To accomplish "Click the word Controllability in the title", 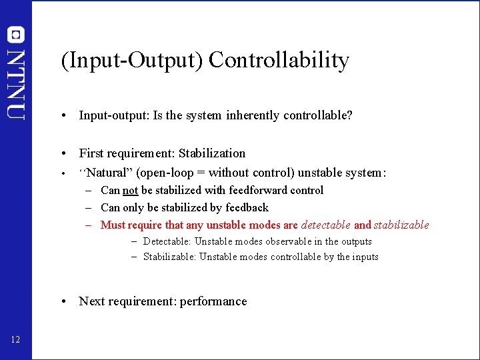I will click(279, 61).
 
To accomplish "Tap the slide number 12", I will click(16, 341).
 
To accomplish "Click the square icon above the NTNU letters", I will click(16, 35).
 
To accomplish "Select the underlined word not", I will click(130, 190).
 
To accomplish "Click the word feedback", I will click(247, 207).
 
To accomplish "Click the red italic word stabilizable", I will click(401, 225).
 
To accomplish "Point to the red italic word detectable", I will click(325, 225).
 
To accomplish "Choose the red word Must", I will click(112, 225).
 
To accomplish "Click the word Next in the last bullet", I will click(91, 301).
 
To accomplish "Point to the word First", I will click(91, 153).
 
